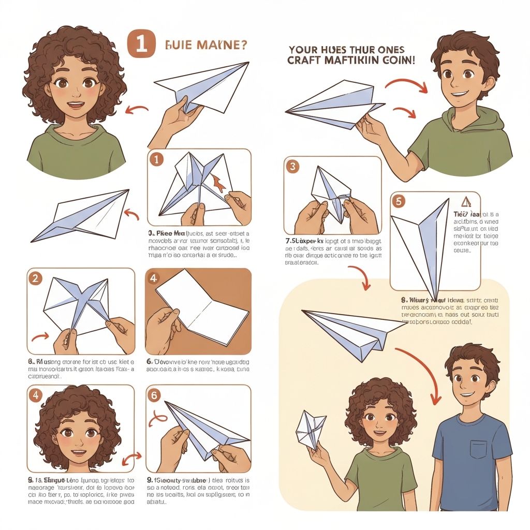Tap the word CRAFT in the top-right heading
307,61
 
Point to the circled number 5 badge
398,201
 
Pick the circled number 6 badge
155,395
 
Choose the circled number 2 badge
35,278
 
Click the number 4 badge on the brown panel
153,278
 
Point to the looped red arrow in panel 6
158,418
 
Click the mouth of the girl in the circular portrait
76,106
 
